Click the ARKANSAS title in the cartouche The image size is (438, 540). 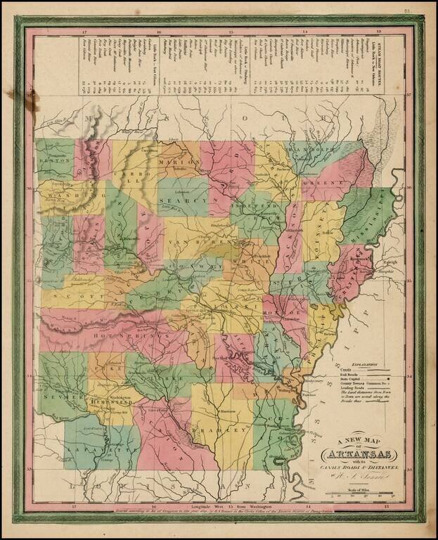click(x=357, y=453)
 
